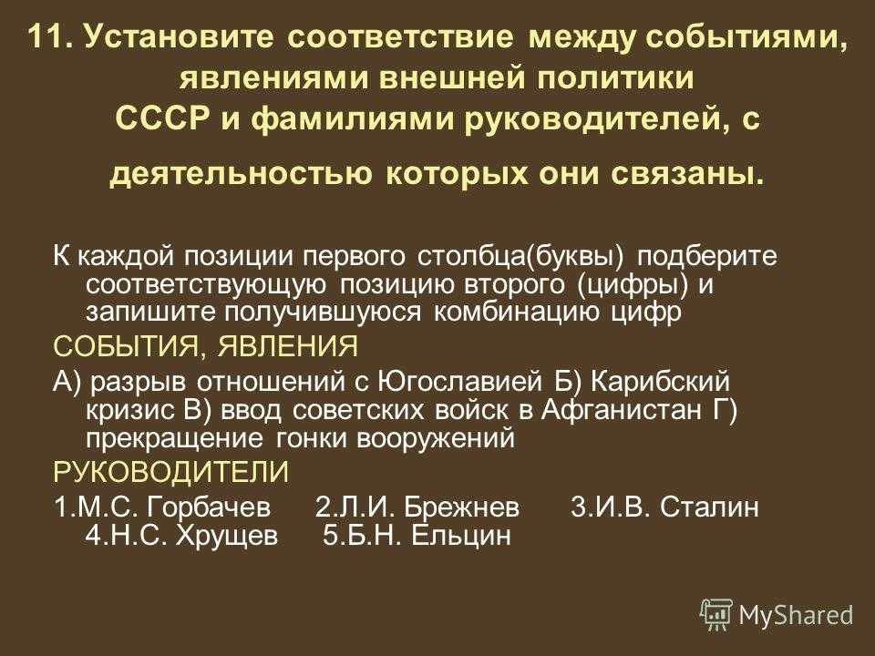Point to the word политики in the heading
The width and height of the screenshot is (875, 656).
[x=615, y=78]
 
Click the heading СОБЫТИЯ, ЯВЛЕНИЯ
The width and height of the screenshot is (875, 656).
[x=206, y=346]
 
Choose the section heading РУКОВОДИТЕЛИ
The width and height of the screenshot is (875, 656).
[x=171, y=472]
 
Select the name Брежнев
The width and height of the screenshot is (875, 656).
[x=461, y=507]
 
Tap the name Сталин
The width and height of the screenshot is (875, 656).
[x=709, y=507]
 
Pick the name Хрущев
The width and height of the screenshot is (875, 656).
[x=227, y=536]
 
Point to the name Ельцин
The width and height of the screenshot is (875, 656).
[x=460, y=536]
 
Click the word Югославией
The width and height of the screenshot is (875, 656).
[x=460, y=382]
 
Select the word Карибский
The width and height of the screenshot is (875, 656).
[x=660, y=382]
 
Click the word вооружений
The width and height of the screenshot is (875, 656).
[x=436, y=439]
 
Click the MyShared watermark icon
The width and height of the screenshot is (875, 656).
[x=715, y=615]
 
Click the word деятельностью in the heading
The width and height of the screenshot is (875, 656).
[x=241, y=175]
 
